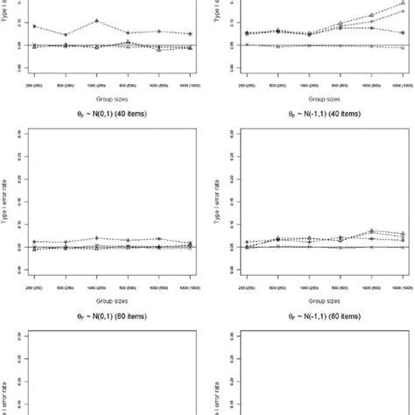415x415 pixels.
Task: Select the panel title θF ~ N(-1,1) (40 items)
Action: (x=309, y=112)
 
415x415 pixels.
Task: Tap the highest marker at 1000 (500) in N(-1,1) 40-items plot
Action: (x=371, y=230)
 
